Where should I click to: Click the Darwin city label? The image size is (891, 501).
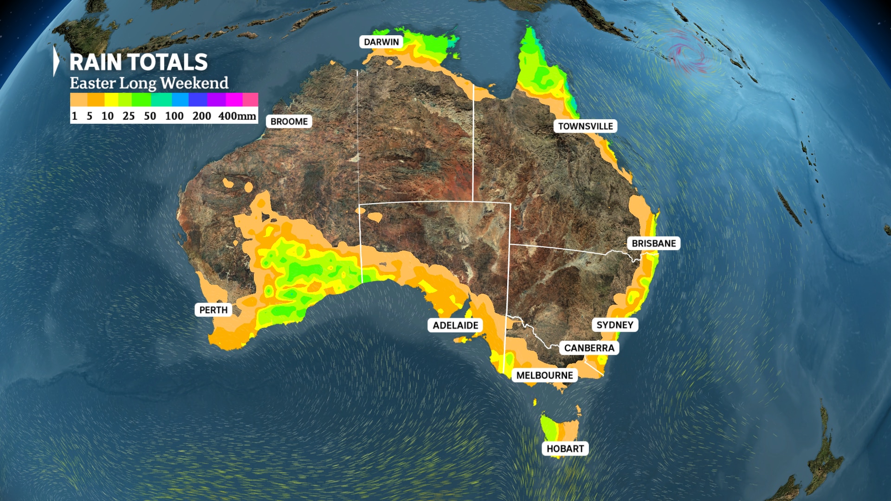click(381, 42)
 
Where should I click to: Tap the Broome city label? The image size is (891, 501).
click(289, 122)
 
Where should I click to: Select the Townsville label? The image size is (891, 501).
click(585, 126)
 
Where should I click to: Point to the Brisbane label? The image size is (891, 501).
click(653, 244)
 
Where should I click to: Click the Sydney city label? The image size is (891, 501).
click(614, 325)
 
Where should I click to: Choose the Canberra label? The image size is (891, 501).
click(589, 348)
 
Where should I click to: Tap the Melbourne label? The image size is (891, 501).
click(544, 375)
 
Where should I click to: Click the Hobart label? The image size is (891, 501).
click(565, 449)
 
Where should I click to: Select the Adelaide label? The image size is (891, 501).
click(455, 325)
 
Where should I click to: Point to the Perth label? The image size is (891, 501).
click(213, 310)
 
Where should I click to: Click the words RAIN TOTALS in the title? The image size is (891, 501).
click(138, 62)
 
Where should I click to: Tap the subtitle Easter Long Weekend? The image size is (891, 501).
click(149, 83)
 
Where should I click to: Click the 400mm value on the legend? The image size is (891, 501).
click(237, 116)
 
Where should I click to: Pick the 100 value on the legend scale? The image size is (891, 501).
click(174, 116)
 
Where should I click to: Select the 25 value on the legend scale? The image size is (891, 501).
click(129, 116)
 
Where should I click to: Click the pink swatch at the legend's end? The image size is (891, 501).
click(251, 100)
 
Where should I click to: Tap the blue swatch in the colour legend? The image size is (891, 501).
click(180, 100)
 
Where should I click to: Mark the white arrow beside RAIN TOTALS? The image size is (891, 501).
click(56, 61)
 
